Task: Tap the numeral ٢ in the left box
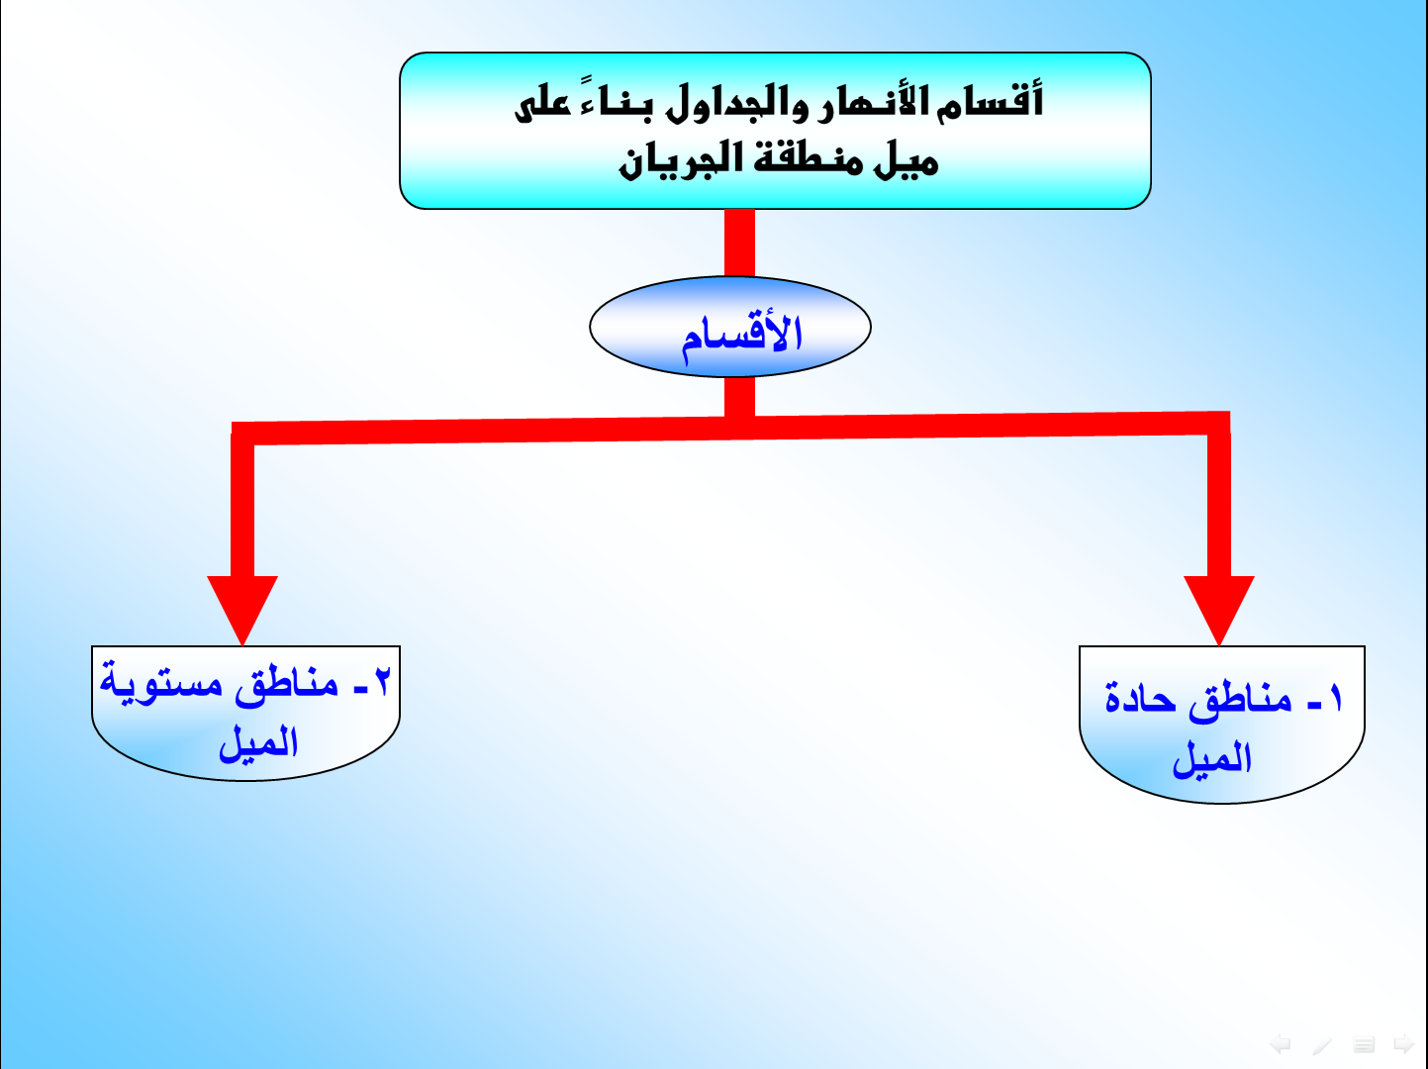tap(383, 682)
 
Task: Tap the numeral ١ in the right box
tap(1335, 698)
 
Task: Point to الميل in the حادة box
tap(1211, 758)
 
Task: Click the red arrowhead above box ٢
tap(242, 605)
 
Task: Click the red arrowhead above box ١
tap(1219, 605)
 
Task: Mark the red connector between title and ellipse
tap(739, 243)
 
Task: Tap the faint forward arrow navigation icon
tap(1404, 1044)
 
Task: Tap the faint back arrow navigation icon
tap(1281, 1044)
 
